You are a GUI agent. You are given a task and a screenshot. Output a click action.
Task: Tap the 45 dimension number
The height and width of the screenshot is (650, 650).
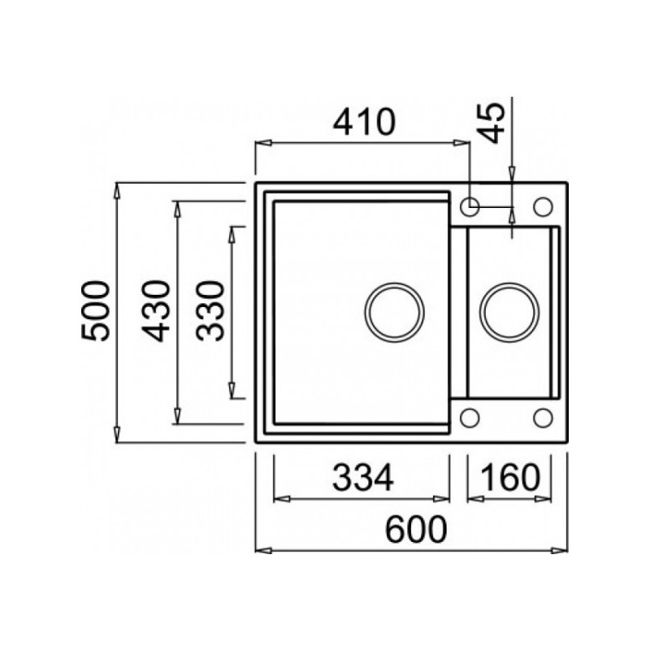(x=491, y=123)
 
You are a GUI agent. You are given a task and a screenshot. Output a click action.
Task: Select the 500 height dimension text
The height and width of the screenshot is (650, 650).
(x=96, y=311)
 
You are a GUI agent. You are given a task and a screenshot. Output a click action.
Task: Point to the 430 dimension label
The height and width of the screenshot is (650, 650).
(x=155, y=311)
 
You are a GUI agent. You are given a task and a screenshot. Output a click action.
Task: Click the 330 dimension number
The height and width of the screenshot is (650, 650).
(x=210, y=311)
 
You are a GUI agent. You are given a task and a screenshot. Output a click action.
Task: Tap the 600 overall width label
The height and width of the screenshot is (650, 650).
(x=416, y=530)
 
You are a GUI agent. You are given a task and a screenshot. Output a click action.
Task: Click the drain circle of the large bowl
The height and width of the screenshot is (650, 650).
(x=394, y=283)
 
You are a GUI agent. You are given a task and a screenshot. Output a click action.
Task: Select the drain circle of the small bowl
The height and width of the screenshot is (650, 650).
(x=509, y=283)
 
